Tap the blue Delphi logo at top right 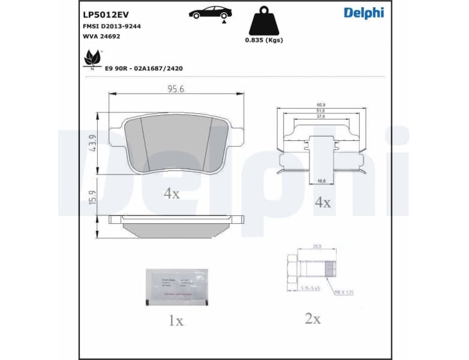point(363,13)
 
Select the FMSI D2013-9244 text point(112,26)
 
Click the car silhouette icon point(211,13)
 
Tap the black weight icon point(263,21)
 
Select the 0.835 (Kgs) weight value point(263,40)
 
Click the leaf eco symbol point(92,58)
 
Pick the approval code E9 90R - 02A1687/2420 point(144,68)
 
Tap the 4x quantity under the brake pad point(172,193)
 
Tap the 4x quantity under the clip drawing point(323,203)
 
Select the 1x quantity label point(175,321)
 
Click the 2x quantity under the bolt point(312,319)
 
